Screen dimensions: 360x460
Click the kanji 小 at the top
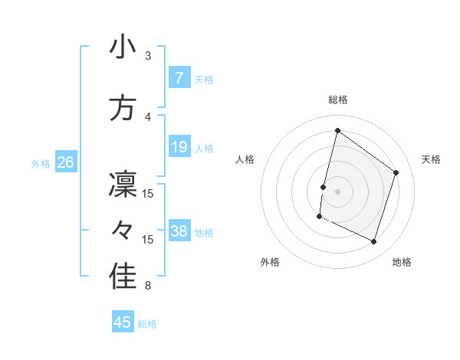(123, 48)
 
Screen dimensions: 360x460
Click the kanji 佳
(123, 278)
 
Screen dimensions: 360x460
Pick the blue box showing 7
(179, 78)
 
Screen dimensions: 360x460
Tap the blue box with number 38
(179, 231)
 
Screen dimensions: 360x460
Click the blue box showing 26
(65, 163)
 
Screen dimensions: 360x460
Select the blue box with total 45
(123, 322)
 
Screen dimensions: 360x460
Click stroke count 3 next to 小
(148, 57)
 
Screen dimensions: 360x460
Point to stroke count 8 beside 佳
(148, 286)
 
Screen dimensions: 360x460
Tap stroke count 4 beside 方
(148, 116)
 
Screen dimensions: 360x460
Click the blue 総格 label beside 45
(147, 324)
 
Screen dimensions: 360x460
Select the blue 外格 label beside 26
(41, 164)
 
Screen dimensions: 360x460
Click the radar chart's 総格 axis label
(337, 100)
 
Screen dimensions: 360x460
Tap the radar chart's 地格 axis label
(402, 262)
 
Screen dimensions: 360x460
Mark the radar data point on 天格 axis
(396, 172)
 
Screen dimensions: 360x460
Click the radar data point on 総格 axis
(337, 131)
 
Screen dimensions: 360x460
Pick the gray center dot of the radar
(337, 191)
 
